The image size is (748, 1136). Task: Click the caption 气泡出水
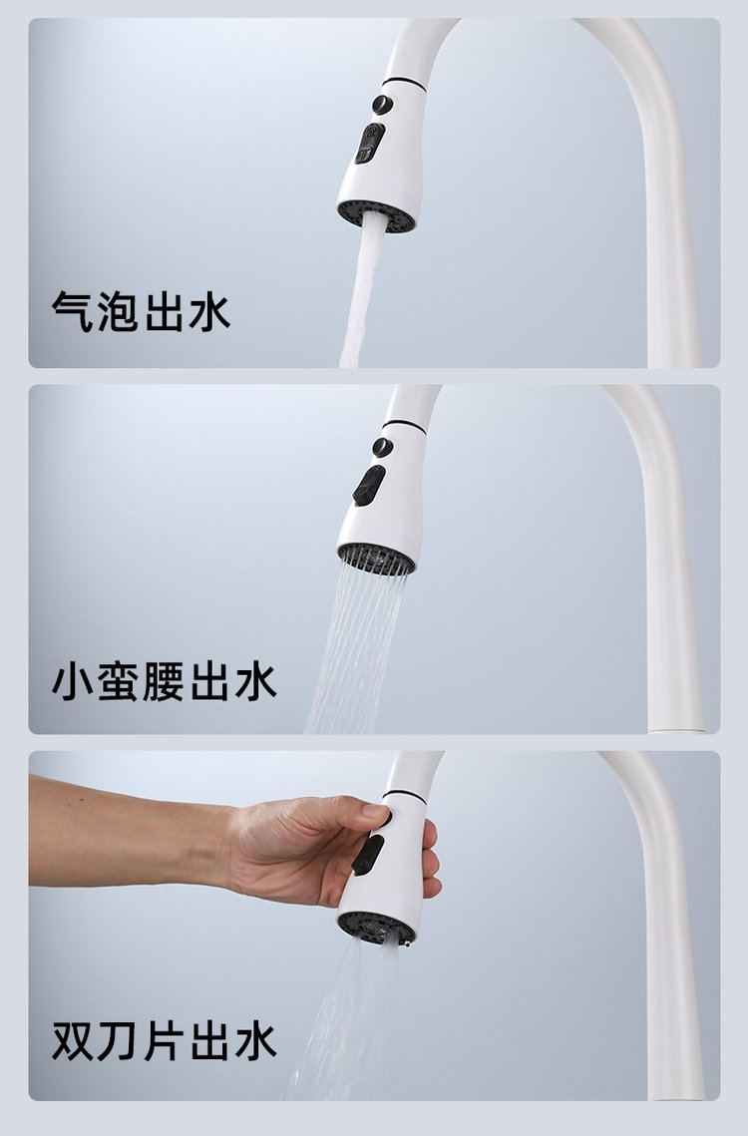(x=141, y=312)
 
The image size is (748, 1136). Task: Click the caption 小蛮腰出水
(x=164, y=681)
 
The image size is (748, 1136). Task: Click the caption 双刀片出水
(x=164, y=1041)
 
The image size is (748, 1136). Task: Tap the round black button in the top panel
(x=382, y=105)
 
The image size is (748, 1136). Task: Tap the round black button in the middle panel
(x=382, y=447)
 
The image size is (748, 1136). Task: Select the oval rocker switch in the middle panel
(x=369, y=486)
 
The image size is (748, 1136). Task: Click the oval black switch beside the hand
(x=368, y=855)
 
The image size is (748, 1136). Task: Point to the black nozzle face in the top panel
(x=377, y=215)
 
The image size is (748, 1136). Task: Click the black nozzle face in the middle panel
(x=376, y=559)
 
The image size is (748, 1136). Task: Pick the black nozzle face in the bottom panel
(x=375, y=927)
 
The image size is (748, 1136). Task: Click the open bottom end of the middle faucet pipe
(x=676, y=729)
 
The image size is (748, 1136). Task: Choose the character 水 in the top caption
(x=209, y=312)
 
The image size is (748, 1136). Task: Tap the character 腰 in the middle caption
(x=164, y=681)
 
